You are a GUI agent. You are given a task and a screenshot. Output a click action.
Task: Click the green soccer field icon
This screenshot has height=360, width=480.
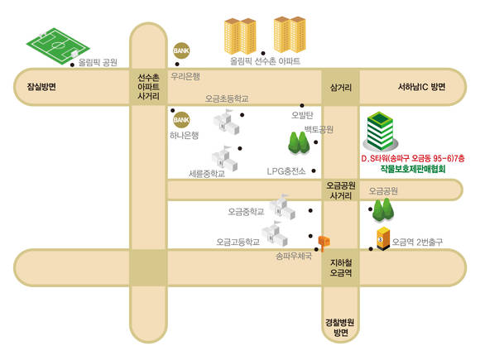point(58,46)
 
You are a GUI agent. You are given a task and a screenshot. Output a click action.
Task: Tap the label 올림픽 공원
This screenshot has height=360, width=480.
point(98,62)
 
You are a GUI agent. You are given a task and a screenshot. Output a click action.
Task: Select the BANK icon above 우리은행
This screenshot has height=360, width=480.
point(181,50)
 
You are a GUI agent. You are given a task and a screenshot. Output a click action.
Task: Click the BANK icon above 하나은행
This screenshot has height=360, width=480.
point(181,119)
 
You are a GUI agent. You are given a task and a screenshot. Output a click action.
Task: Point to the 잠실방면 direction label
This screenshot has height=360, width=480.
point(41,87)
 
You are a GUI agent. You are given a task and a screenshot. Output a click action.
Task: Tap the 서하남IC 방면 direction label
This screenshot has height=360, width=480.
point(421,87)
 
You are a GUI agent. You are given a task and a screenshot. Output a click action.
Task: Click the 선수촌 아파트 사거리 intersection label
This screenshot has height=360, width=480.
point(148,87)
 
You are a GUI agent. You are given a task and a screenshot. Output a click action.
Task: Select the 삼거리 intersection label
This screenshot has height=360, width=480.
point(340,88)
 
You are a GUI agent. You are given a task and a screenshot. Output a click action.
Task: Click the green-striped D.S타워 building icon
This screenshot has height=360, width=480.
point(381,132)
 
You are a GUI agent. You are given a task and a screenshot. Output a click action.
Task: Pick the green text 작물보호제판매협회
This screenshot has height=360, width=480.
point(413,169)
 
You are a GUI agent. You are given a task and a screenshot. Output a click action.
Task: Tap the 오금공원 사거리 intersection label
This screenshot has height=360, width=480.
point(340,190)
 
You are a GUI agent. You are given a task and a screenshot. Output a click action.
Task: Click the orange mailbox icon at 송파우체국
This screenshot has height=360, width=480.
point(324,242)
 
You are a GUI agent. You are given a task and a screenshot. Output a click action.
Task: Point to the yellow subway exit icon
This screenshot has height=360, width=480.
point(382,239)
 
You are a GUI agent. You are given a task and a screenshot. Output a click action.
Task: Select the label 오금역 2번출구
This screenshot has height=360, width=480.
point(417,242)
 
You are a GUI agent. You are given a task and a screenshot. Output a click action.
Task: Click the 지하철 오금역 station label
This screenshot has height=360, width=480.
point(341,267)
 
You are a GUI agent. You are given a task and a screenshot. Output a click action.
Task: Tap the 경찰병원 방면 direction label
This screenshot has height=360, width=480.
point(340,327)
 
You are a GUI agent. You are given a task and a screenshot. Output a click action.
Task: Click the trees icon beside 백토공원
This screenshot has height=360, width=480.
point(299,142)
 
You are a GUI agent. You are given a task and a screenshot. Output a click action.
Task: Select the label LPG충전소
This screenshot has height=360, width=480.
point(286,171)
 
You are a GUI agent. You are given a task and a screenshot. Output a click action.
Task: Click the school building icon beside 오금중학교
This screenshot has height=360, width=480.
point(282,207)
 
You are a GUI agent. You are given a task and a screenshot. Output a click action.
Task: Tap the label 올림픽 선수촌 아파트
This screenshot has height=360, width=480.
point(265,61)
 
